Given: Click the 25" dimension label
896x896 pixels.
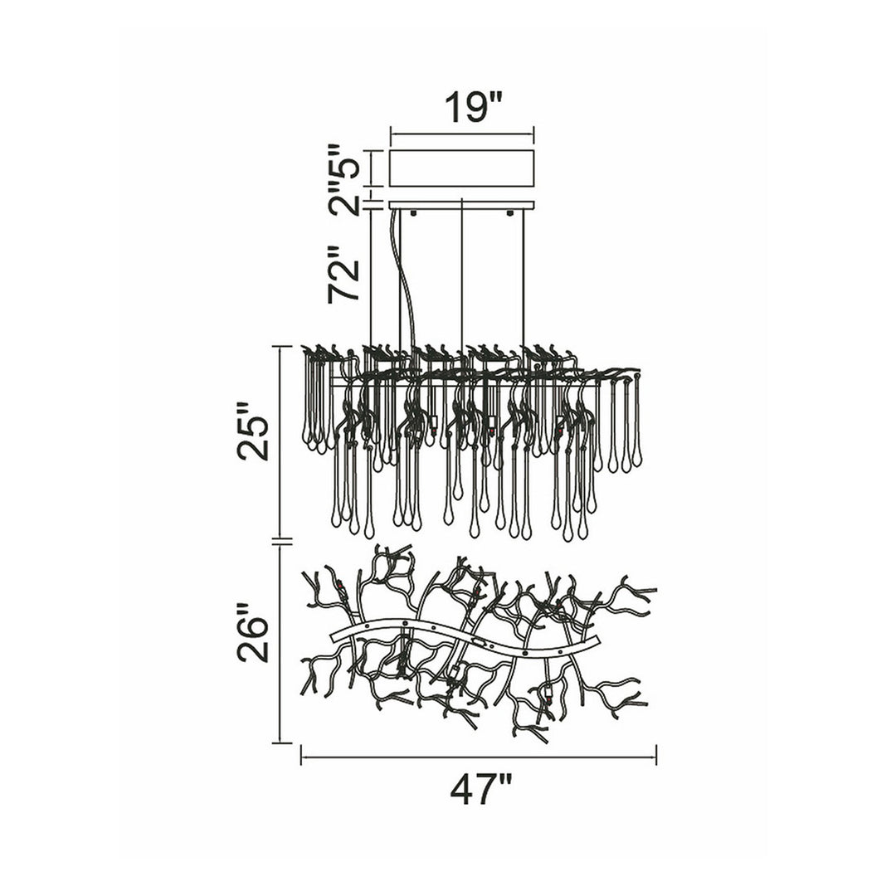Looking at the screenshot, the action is point(253,431).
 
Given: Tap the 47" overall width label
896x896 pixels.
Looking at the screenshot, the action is point(479,789).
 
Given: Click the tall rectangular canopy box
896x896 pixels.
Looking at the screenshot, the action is point(462,168).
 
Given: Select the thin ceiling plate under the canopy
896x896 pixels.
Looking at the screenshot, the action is point(462,205).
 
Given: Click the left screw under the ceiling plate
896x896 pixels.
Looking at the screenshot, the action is point(413,214).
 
